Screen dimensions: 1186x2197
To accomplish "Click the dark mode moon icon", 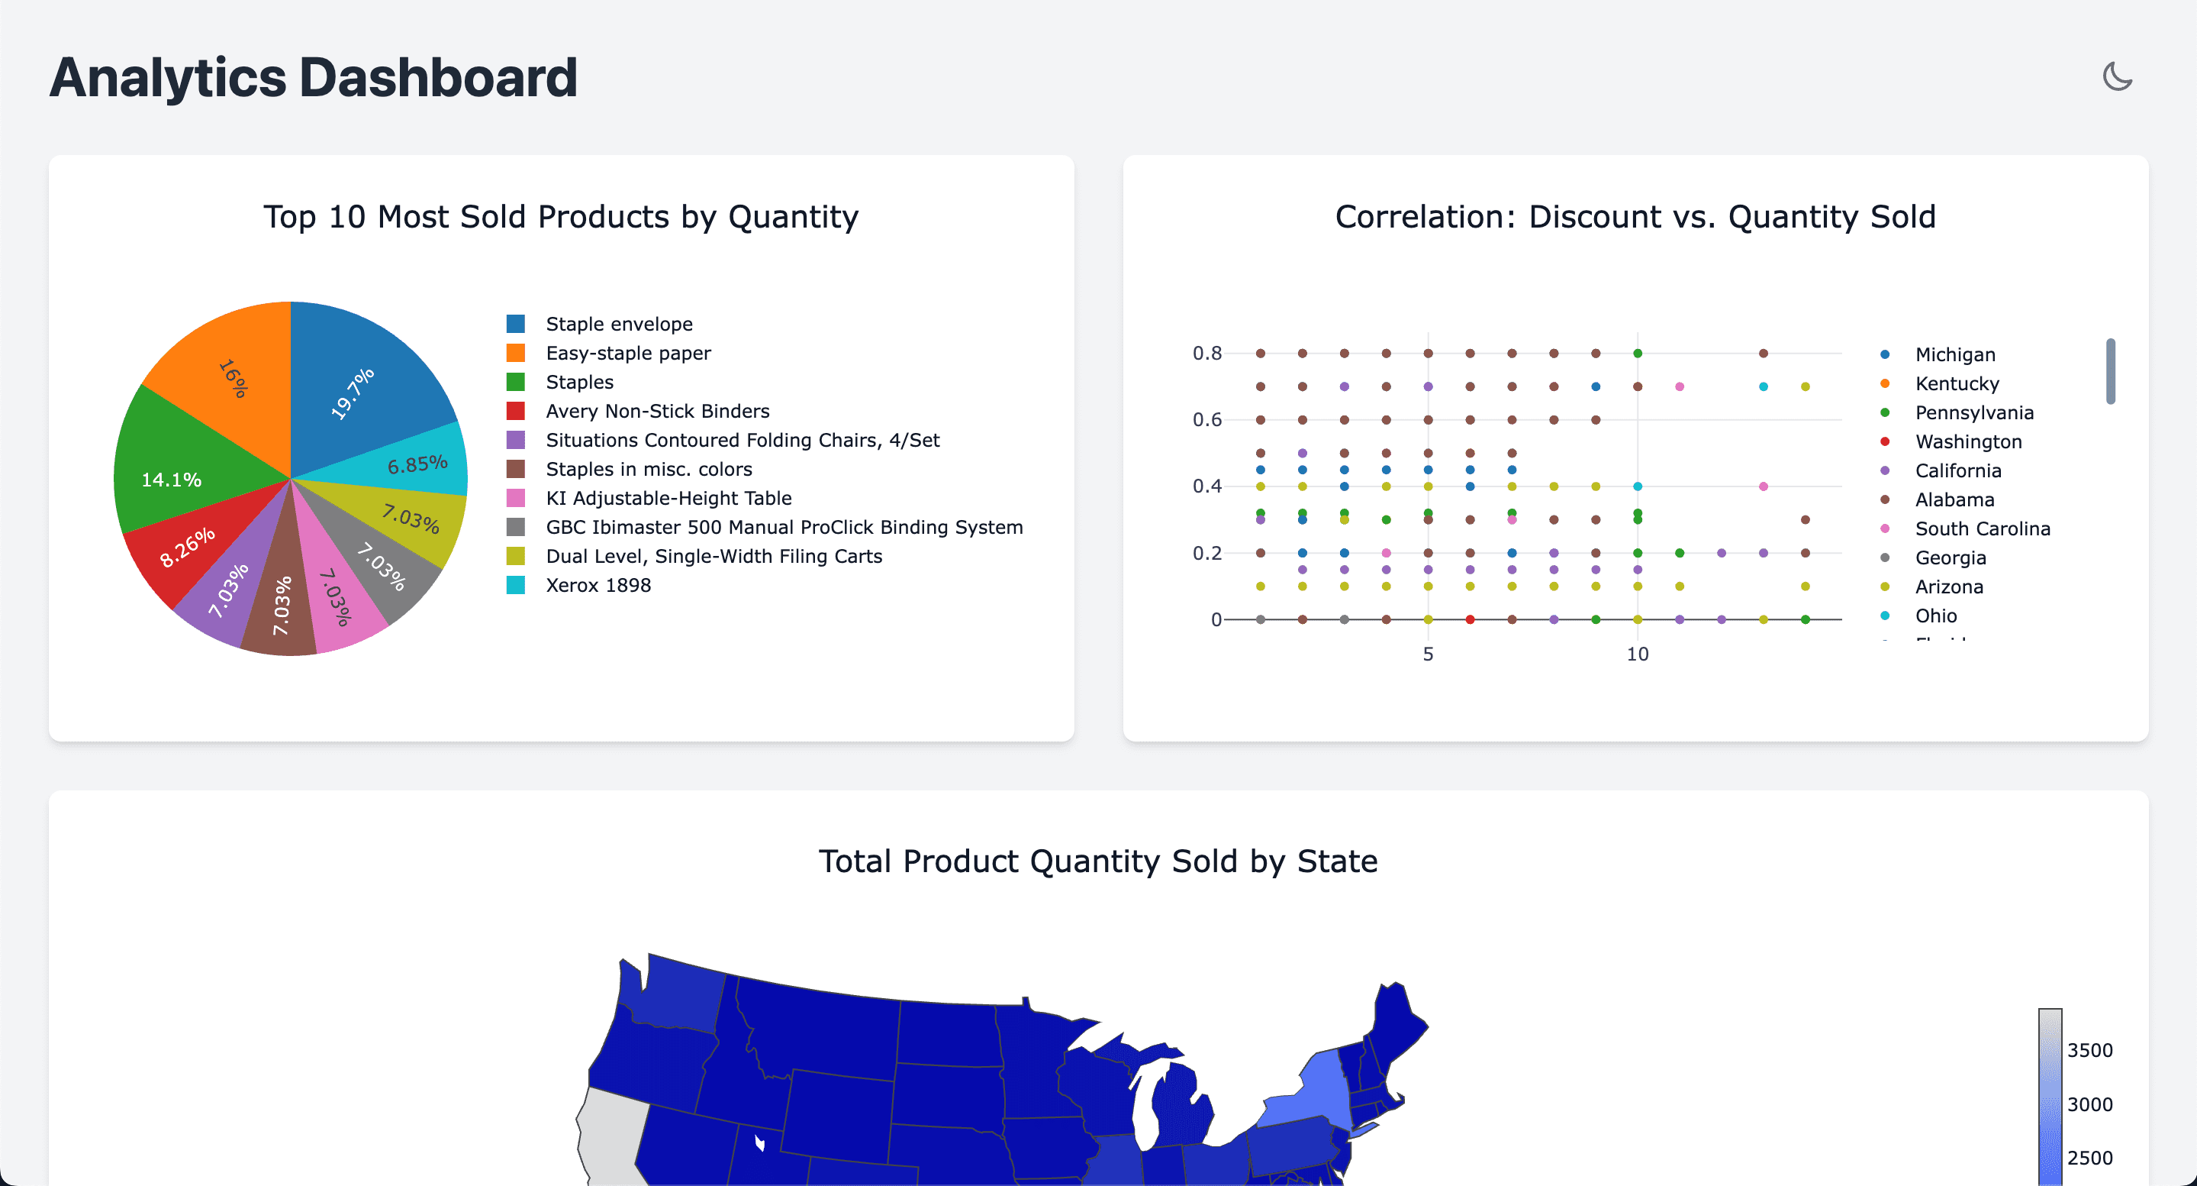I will (2117, 77).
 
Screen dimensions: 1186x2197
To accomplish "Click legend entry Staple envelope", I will (618, 325).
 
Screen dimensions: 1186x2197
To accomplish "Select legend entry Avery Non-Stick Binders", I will (657, 412).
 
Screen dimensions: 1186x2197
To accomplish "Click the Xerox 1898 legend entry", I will (597, 585).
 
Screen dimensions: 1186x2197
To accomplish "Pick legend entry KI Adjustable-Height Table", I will (668, 498).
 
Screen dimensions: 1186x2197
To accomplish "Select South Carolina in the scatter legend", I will (1981, 529).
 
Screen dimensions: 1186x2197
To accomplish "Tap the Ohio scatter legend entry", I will (1935, 616).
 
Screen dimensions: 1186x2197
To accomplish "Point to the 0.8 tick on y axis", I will (1206, 354).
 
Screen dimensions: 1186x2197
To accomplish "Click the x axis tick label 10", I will (1637, 654).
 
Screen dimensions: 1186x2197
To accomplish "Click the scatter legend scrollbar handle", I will (2110, 371).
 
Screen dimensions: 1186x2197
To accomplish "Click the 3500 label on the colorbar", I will (2089, 1050).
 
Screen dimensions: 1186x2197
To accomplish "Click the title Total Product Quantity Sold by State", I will (1097, 861).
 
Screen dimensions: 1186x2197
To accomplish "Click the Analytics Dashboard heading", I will (313, 78).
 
